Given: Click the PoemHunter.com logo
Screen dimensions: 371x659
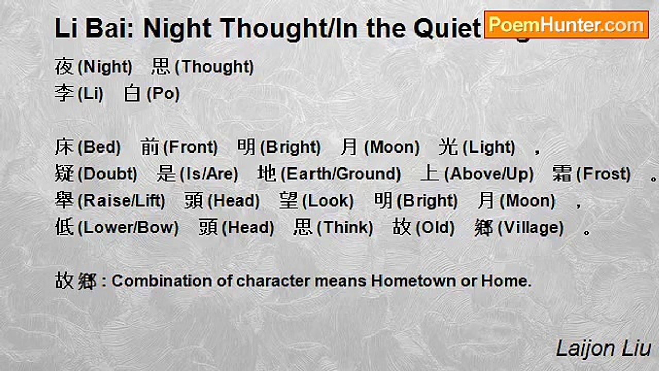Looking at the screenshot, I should pos(566,25).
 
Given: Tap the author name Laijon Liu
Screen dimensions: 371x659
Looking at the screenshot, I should pos(603,348).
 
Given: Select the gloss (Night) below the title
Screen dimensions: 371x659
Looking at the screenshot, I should pos(105,67).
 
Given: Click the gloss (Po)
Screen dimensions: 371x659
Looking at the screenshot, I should pos(163,94).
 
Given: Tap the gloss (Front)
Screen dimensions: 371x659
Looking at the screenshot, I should pos(190,147).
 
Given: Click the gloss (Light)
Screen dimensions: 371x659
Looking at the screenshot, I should pos(489,147).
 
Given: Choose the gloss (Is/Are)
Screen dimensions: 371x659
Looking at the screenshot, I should pos(209,174).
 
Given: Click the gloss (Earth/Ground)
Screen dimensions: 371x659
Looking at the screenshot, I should pos(340,174).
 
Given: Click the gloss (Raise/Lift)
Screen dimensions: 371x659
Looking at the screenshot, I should pos(121,201).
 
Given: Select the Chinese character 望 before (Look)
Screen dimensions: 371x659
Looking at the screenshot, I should pos(289,201).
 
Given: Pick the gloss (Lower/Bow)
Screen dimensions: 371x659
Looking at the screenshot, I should pos(128,228).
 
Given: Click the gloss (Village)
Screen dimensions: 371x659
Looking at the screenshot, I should pos(530,228).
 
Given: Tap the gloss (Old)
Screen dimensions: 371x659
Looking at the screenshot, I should pos(435,228).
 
